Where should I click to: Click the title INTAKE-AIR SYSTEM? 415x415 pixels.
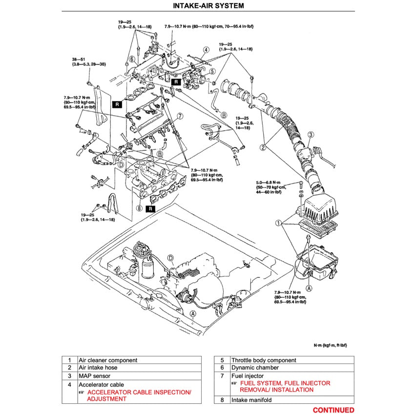207,6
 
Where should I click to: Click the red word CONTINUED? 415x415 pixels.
333,410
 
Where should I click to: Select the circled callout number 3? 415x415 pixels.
310,134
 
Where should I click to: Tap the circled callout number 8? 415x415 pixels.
139,208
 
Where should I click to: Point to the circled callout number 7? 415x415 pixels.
180,116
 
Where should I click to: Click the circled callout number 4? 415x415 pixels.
206,49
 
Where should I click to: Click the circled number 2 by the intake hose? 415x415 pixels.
263,146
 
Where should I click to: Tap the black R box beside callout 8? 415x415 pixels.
151,208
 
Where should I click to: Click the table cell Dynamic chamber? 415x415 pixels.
255,368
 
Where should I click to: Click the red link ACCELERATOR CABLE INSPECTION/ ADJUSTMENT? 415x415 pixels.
139,395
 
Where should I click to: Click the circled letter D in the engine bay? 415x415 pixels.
170,258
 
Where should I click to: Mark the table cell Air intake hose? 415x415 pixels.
98,368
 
